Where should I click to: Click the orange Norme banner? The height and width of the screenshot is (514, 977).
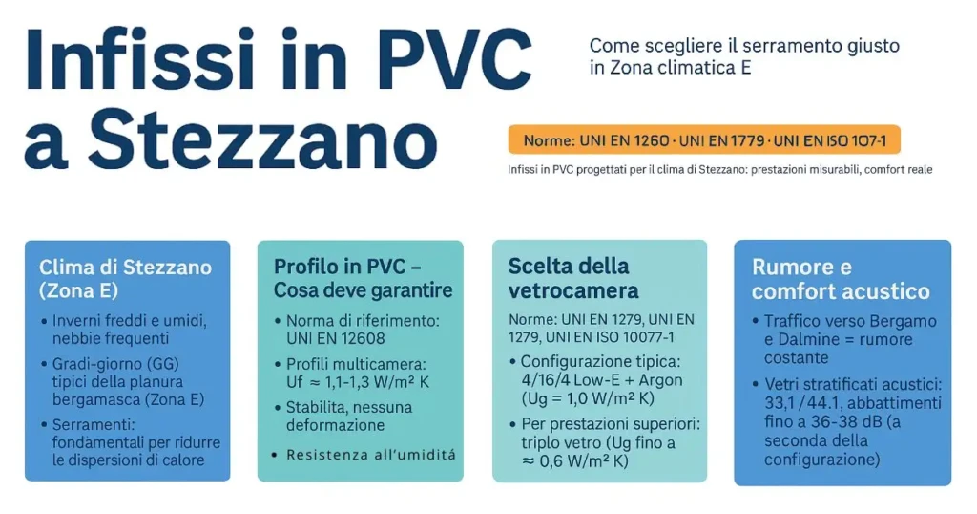coord(704,140)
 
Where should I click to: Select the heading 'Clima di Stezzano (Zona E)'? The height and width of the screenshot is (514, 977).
coord(125,277)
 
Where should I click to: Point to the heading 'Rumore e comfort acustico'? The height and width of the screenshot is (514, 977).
coord(841,279)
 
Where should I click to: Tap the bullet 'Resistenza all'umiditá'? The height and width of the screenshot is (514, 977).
coord(370,455)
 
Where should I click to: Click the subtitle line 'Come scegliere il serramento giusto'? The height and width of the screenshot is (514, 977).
coord(744,45)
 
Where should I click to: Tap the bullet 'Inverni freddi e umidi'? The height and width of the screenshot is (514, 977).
coord(129,320)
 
